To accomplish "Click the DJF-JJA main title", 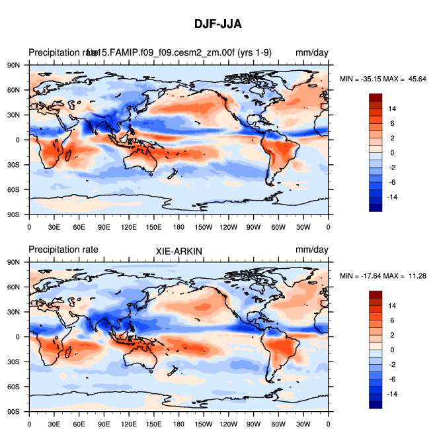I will coord(218,24).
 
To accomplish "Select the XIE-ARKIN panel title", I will coord(179,251).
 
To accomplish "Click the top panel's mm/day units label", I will coord(311,53).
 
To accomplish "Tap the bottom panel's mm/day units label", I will coord(311,250).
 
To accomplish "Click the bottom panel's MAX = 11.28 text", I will coord(406,275).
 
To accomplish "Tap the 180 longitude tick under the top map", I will coord(179,226).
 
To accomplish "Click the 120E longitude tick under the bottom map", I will coord(129,422).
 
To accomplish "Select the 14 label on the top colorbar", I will coord(392,109).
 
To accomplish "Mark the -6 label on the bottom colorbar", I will coord(392,379).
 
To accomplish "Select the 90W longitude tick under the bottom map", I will coord(253,422).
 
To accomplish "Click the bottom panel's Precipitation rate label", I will coord(63,250).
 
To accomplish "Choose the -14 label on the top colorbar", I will coord(392,197).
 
